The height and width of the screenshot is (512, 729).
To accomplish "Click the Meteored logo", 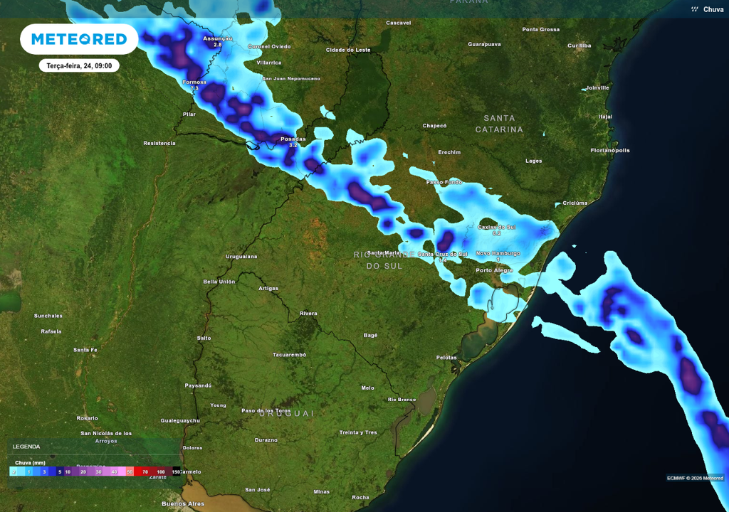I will (x=79, y=39).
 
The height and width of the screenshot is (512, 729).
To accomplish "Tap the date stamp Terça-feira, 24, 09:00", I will (x=79, y=65).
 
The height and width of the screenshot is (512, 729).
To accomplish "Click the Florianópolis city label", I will (x=610, y=151).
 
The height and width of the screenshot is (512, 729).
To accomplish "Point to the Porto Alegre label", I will (x=494, y=270).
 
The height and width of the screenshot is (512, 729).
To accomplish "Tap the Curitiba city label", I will (x=579, y=46).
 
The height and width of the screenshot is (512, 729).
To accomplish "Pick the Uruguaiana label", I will (x=241, y=256).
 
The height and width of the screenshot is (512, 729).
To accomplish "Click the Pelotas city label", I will (x=446, y=357).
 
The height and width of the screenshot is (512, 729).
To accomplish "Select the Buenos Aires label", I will (x=184, y=503).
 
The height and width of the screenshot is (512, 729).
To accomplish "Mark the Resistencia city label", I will (x=159, y=143).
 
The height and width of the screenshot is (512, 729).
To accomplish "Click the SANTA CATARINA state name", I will (x=499, y=124).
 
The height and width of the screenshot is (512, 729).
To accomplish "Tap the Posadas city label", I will (x=293, y=139).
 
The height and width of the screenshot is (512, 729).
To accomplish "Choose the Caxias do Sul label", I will (x=496, y=227).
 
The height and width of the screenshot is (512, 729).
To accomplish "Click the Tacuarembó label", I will (x=289, y=354).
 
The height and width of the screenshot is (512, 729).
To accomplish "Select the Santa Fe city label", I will (x=85, y=350).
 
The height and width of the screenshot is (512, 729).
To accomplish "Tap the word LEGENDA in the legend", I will (x=26, y=447).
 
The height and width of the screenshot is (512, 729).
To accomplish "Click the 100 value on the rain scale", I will (x=161, y=471).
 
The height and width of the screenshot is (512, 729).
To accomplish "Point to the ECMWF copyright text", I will (x=694, y=478).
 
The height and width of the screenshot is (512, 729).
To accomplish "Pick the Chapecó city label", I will (x=434, y=126).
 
